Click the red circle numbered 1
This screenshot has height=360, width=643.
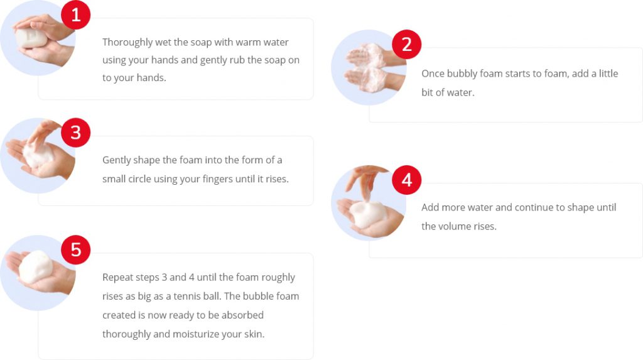click(76, 15)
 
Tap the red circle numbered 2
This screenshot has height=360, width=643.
click(407, 45)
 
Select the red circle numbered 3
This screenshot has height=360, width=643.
click(76, 133)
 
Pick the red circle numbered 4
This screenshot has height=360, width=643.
click(407, 180)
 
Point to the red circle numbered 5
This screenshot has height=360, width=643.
click(76, 250)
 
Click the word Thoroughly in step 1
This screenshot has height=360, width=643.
click(127, 43)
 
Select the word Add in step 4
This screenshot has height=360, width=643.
click(430, 207)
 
